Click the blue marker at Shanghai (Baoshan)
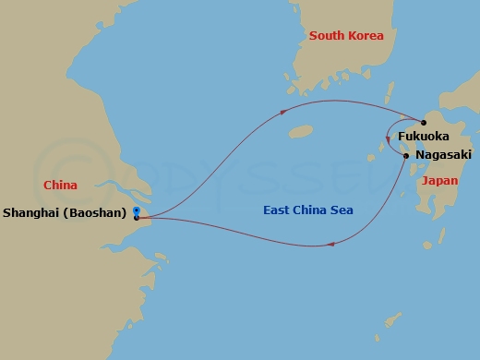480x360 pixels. [x=136, y=212]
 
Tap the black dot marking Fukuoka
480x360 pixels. [x=424, y=122]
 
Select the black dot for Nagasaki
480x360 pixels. [x=406, y=156]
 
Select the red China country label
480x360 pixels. [x=60, y=186]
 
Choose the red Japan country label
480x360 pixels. [x=439, y=181]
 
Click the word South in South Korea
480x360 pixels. [x=328, y=36]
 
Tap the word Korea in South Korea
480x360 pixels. [x=366, y=36]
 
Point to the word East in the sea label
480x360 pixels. [x=278, y=210]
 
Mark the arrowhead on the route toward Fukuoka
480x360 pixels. [x=282, y=114]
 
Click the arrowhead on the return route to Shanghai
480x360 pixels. [x=330, y=244]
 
